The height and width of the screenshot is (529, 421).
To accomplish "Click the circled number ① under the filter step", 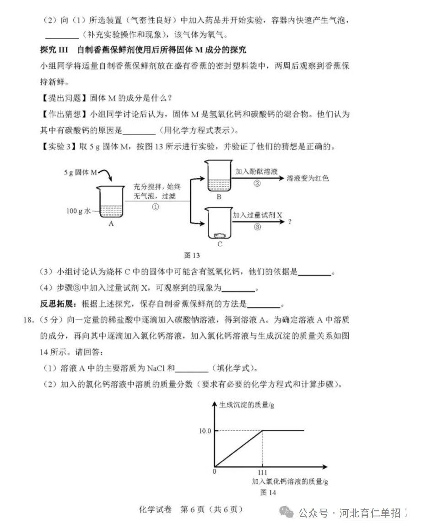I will [x=155, y=206].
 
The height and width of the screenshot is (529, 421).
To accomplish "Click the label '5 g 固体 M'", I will [x=81, y=172].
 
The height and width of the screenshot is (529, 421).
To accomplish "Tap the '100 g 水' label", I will [x=79, y=212].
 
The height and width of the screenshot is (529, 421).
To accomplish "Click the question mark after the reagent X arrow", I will [x=290, y=222].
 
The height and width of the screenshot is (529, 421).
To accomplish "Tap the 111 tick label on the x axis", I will [x=263, y=472].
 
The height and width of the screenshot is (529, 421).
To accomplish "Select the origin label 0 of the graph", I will [x=214, y=471].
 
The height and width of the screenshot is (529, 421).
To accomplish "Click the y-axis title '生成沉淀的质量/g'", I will [x=246, y=404].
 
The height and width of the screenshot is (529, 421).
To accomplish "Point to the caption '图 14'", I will [x=268, y=492].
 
